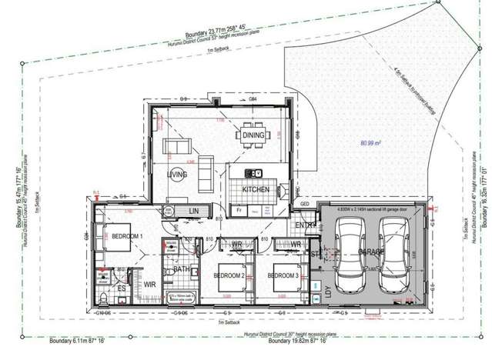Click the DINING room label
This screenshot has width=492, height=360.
click(x=253, y=135)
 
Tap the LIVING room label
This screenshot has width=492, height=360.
click(x=178, y=175)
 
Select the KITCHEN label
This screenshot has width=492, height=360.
click(x=256, y=188)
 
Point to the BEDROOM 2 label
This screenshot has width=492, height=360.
click(x=229, y=276)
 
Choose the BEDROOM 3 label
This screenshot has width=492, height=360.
click(x=286, y=276)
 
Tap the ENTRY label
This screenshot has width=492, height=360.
click(x=306, y=225)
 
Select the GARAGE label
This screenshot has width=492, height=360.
click(x=373, y=251)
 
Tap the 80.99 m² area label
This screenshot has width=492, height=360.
click(x=371, y=143)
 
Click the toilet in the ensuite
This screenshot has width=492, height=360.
click(x=103, y=298)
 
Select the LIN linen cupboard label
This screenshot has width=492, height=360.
click(x=194, y=211)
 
